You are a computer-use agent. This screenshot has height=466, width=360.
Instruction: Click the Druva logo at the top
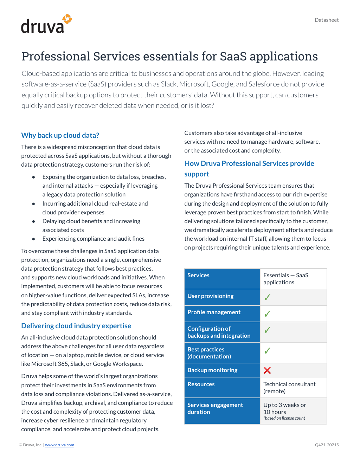pos(46,24)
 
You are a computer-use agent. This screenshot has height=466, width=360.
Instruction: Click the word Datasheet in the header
pos(327,20)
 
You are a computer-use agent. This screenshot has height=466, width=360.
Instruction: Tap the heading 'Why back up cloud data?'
pos(60,135)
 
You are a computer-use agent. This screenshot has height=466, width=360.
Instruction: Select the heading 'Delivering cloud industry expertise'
pos(76,326)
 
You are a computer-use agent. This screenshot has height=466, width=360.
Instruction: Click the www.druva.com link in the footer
pos(59,445)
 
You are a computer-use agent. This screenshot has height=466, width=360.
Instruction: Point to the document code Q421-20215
pos(327,445)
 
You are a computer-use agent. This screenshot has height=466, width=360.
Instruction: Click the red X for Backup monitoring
pos(267,370)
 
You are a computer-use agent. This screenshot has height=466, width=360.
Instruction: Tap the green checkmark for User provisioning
pos(267,297)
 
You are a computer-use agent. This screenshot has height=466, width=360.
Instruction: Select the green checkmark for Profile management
pos(267,314)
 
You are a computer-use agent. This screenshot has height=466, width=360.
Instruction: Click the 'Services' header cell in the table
pos(198,276)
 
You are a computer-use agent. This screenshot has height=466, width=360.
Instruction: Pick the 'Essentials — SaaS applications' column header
pos(285,279)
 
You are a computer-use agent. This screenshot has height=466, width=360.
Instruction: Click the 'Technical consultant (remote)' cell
pos(289,388)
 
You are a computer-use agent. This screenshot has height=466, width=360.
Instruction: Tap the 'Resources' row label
pos(201,384)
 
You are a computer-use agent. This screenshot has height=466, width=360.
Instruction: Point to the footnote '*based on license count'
pos(284,418)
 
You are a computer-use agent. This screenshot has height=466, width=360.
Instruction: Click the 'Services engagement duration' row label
pos(215,408)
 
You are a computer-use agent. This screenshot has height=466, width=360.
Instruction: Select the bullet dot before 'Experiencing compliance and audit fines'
pos(33,239)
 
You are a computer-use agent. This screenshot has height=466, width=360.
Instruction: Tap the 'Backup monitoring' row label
pos(212,370)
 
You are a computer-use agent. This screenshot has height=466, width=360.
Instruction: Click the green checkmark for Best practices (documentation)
pos(267,351)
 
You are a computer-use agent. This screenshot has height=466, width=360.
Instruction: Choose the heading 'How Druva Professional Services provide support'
pos(249,169)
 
